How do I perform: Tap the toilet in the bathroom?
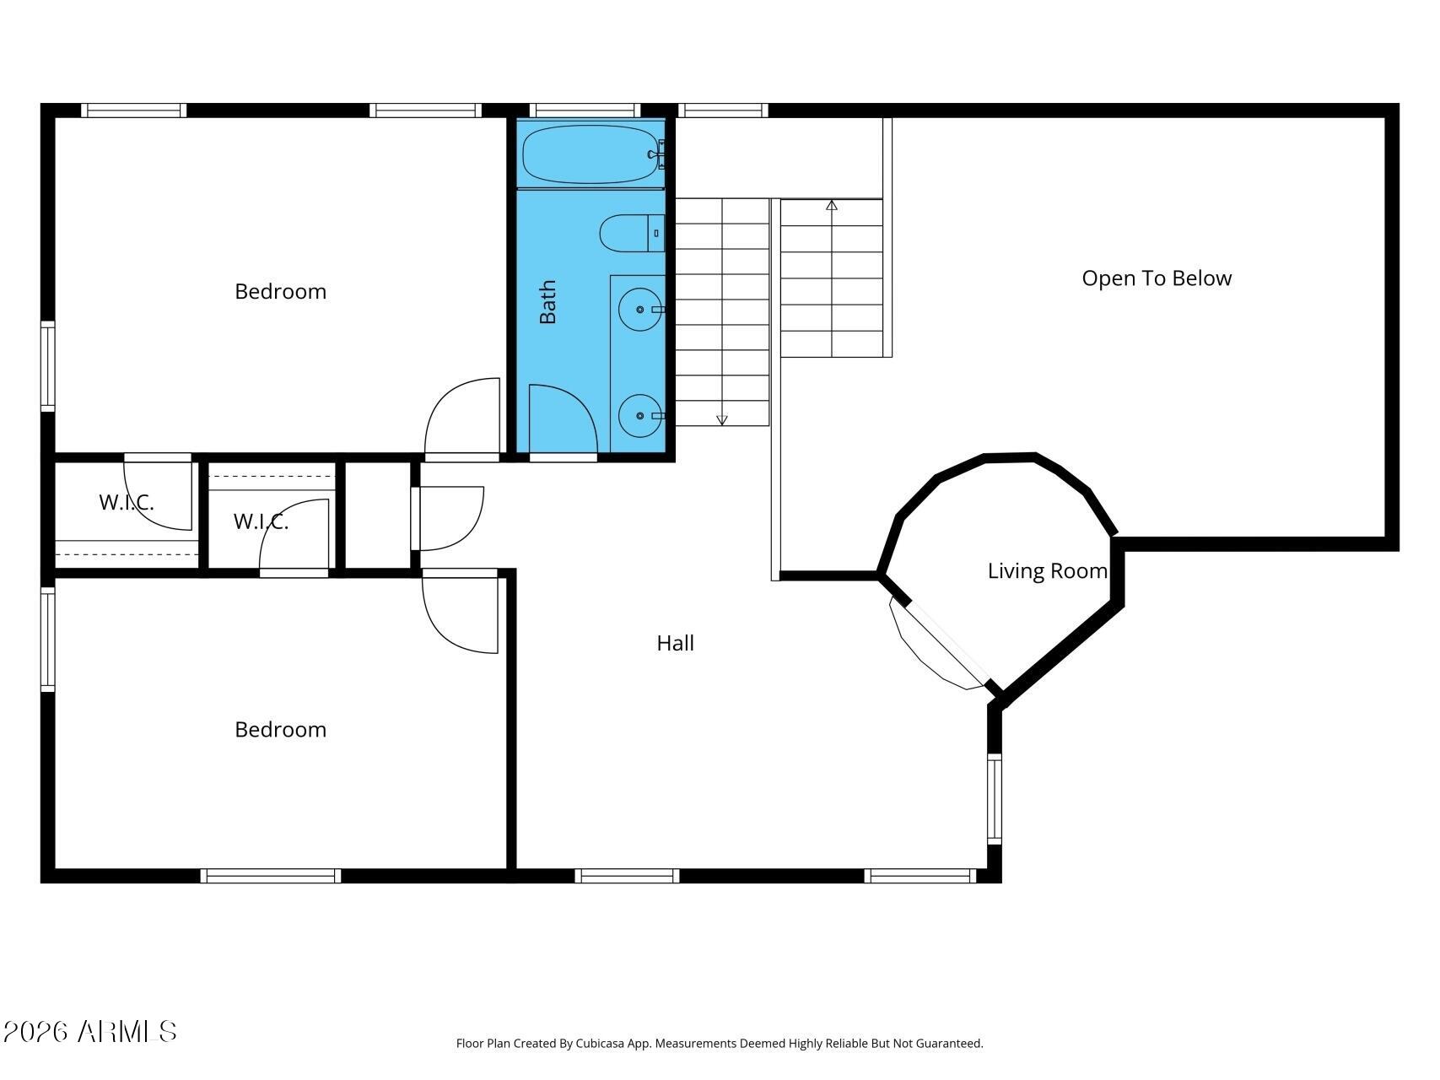coord(632,233)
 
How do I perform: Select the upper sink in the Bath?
coord(640,310)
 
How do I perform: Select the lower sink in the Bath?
coord(640,415)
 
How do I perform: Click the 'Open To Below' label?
coord(1157,278)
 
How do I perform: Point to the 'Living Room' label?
coord(1047,570)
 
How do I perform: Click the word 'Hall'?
coord(675,643)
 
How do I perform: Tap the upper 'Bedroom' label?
coord(280,291)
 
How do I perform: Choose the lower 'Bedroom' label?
coord(280,729)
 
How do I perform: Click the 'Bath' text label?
coord(547,302)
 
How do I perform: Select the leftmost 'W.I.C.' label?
coord(127,503)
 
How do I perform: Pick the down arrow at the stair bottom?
coord(722,419)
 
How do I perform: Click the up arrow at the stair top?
coord(832,205)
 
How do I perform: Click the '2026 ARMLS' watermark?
coord(90,1031)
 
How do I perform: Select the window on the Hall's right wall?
coord(995,798)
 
